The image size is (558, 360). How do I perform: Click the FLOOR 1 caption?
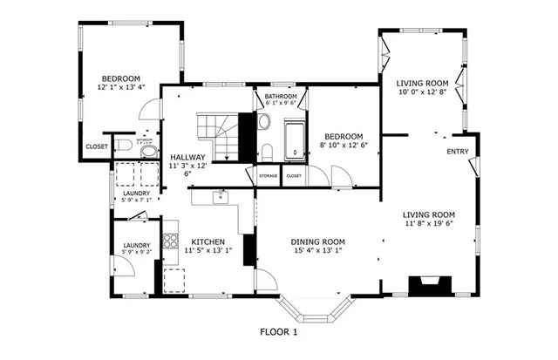(x=279, y=332)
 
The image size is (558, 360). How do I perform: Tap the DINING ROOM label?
(x=317, y=241)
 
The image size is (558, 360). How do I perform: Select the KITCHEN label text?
(x=208, y=241)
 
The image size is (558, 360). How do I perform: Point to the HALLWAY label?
(x=187, y=158)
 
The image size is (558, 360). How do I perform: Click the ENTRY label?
(x=457, y=152)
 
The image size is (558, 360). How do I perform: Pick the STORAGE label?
(x=269, y=176)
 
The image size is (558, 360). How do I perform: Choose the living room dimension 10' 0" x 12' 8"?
(x=422, y=92)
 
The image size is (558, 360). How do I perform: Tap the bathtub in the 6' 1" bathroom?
(x=295, y=139)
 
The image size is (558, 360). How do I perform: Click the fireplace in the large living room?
(x=429, y=285)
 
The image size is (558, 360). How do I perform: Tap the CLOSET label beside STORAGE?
(x=294, y=176)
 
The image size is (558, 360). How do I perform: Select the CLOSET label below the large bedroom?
(x=97, y=146)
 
